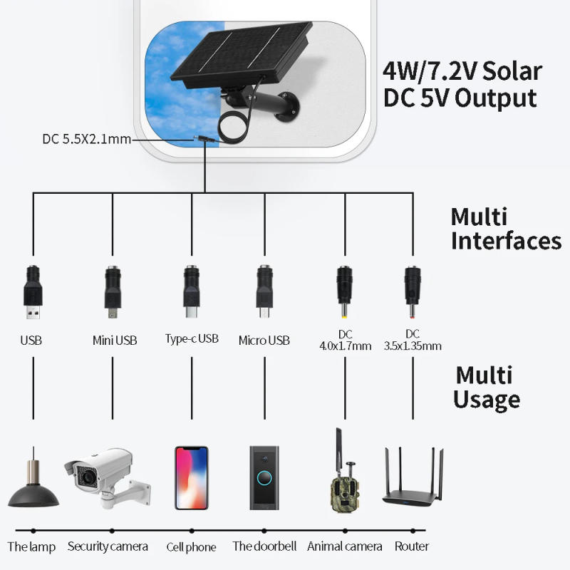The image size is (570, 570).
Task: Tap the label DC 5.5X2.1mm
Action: tap(86, 139)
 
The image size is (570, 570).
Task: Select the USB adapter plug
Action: tap(33, 293)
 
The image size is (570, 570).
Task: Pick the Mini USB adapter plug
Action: tap(113, 291)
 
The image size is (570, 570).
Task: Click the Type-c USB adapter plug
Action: tap(191, 291)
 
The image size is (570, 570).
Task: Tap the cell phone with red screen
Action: tap(192, 477)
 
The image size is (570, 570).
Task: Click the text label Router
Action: tap(412, 546)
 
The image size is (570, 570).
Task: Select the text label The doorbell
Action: tap(264, 546)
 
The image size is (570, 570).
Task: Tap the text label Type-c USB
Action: tap(192, 338)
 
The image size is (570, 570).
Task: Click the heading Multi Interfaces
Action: tap(505, 228)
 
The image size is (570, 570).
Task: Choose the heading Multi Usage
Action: tap(487, 387)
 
